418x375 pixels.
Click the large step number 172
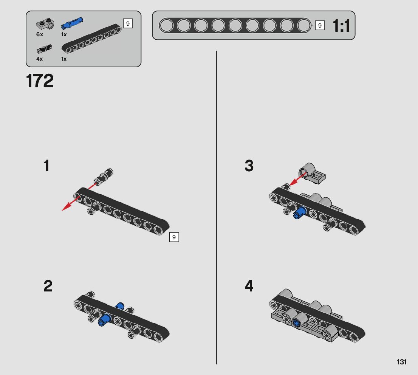click(40, 81)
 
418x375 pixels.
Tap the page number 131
click(401, 362)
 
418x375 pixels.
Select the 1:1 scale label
click(341, 26)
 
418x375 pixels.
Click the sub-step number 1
click(46, 166)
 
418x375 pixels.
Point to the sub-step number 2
click(48, 286)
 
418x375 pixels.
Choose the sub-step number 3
click(249, 166)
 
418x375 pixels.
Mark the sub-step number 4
click(249, 286)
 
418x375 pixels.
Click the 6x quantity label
click(40, 34)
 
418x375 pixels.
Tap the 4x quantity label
click(39, 59)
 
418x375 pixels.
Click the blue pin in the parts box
click(72, 23)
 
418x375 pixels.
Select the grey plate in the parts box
click(45, 24)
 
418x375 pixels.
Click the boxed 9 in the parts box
click(128, 24)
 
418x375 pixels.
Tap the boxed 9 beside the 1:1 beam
click(320, 26)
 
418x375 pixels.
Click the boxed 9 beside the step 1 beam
click(174, 237)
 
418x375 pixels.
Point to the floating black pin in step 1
click(104, 176)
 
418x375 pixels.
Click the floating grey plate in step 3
click(312, 174)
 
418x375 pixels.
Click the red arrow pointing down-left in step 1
click(71, 203)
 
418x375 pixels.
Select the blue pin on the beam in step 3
click(300, 212)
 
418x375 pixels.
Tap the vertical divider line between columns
click(217, 208)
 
